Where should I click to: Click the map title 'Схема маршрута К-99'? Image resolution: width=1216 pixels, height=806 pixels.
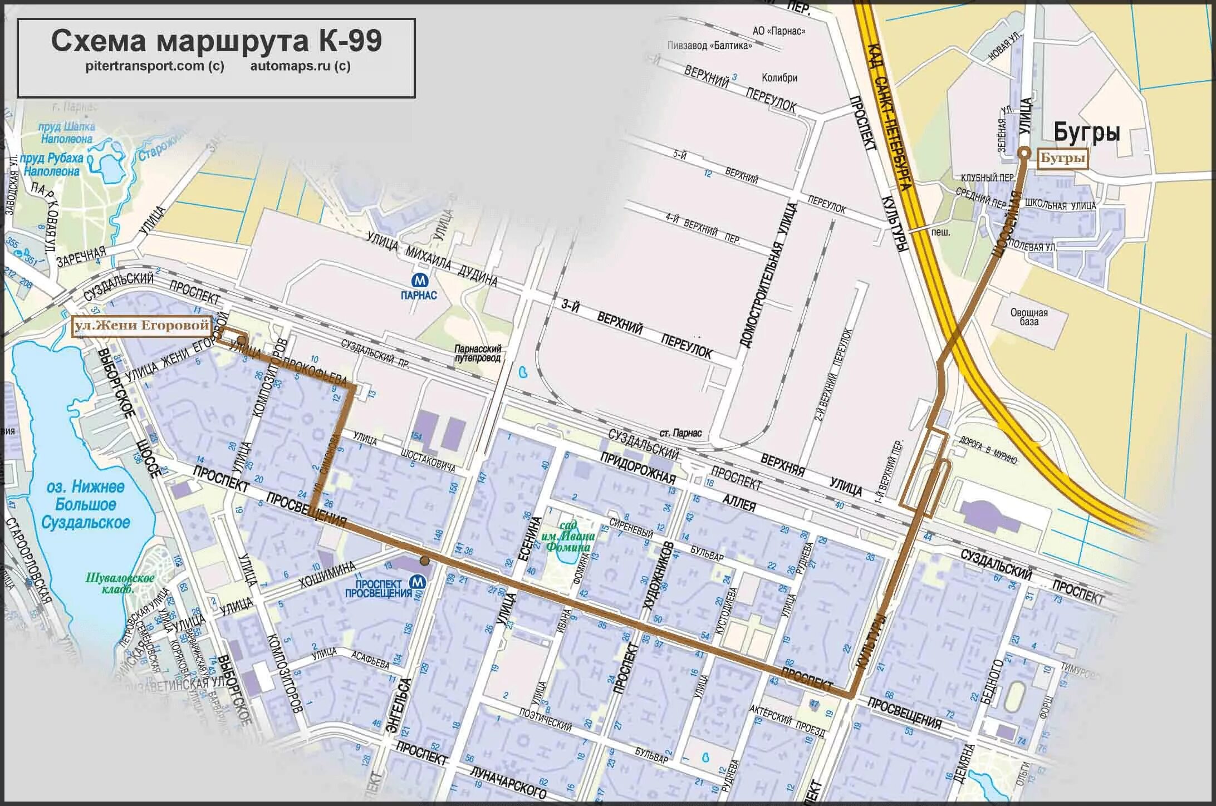(217, 41)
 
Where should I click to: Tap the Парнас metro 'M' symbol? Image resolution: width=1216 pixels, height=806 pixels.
(419, 279)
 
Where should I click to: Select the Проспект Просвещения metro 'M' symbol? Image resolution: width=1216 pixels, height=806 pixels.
(418, 582)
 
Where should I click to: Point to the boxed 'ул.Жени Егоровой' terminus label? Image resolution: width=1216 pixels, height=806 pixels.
(143, 326)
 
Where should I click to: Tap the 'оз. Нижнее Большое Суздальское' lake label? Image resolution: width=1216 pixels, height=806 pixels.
(85, 505)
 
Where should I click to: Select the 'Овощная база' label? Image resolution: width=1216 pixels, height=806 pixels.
(1029, 317)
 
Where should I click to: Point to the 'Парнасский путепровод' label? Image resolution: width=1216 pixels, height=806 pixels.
(478, 353)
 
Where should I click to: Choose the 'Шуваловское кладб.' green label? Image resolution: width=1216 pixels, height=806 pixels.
(120, 583)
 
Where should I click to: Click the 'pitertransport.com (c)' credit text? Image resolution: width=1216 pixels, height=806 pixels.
(155, 66)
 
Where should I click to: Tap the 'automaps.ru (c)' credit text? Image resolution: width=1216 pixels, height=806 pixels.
(300, 66)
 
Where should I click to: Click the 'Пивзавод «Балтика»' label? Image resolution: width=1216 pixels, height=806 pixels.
(709, 46)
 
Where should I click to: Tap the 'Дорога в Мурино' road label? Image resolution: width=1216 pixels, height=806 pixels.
(988, 451)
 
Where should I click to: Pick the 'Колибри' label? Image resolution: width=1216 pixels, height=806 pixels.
(779, 78)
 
